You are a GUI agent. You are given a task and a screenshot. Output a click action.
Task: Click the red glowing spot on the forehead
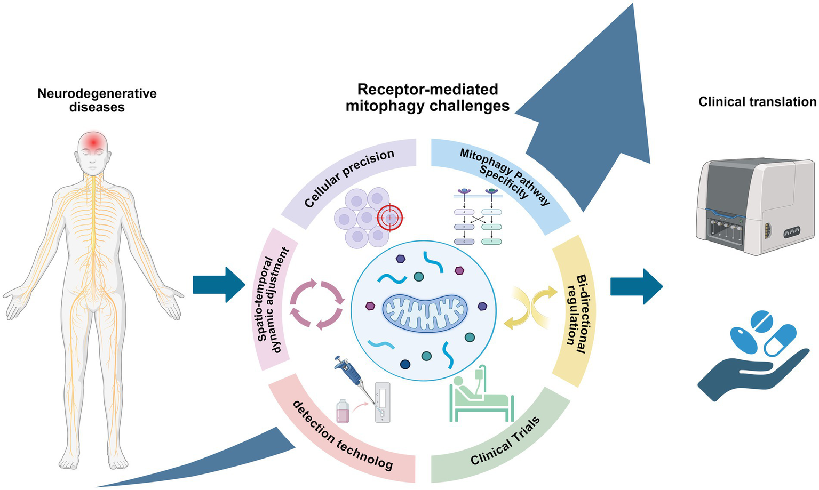point(94,141)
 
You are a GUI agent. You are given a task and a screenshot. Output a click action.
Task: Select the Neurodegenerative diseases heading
point(97,100)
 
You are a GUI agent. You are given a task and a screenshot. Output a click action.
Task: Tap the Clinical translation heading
point(757,102)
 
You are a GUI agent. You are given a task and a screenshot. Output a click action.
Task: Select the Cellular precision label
point(349,178)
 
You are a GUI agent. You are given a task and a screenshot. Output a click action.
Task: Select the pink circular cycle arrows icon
point(317,305)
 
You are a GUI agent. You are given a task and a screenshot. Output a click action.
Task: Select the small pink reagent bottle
point(343,412)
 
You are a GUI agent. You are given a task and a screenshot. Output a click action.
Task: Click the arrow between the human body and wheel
point(218,284)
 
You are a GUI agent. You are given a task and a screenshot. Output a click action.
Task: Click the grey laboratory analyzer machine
point(754,205)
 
